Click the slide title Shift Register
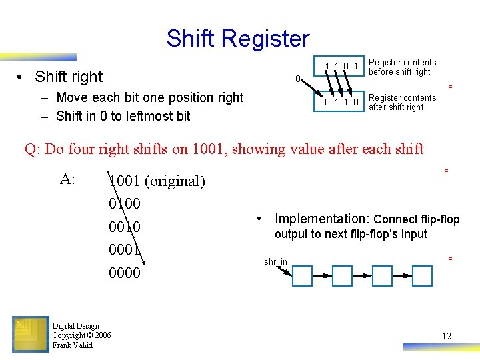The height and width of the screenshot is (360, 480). (238, 39)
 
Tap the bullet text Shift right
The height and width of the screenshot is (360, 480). (69, 77)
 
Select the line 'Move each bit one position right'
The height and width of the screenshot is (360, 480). (150, 97)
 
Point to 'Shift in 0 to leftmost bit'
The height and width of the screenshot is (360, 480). (123, 116)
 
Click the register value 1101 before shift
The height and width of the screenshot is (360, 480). (342, 65)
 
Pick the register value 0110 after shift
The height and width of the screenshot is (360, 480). (342, 103)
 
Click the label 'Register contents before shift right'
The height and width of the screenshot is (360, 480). (402, 67)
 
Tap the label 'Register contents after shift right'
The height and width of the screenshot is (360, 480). (402, 103)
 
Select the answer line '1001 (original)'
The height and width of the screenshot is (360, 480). (157, 181)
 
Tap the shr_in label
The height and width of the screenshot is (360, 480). (275, 262)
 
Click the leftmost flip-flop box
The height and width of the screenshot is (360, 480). (302, 276)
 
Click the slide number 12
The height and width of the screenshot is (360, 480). (446, 336)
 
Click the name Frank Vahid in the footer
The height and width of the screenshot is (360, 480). (72, 345)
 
